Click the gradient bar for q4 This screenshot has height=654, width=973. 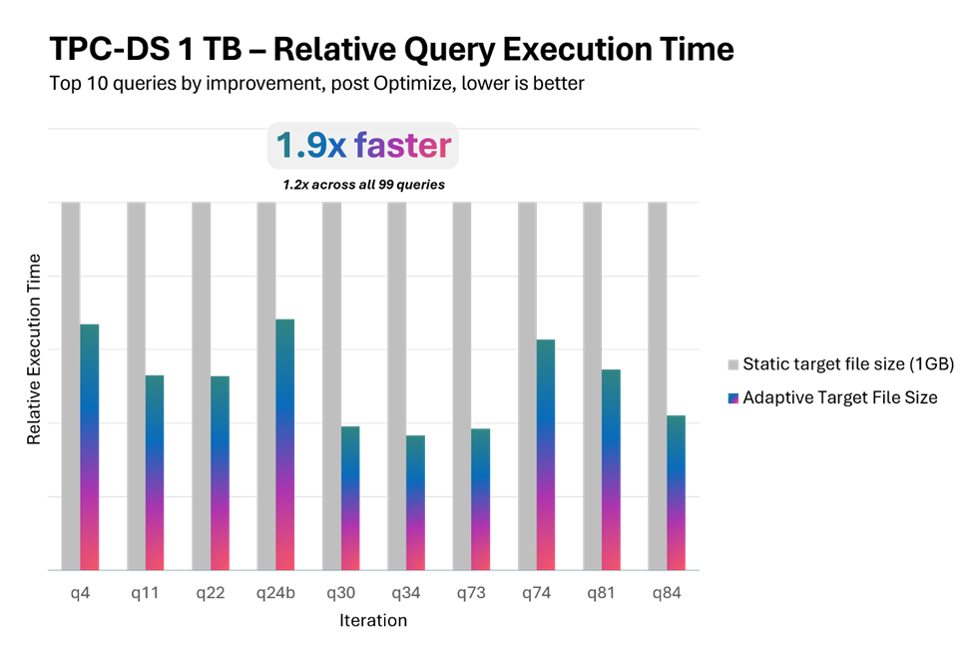90,446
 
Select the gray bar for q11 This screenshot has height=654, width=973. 136,385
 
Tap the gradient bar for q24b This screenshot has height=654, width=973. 285,444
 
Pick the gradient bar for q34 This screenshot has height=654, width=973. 415,502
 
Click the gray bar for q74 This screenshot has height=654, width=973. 527,385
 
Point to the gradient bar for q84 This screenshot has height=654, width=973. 676,492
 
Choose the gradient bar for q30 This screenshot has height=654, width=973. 350,497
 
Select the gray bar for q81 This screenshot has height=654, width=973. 592,385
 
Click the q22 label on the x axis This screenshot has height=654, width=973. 210,593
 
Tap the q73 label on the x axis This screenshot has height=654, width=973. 471,593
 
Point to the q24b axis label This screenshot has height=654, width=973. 275,593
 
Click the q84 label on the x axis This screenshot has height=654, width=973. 667,593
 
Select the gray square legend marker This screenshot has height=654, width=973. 733,365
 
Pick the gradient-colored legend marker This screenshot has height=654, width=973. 733,398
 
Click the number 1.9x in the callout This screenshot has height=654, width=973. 310,147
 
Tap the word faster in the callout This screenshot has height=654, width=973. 402,147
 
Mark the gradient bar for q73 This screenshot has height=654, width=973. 481,499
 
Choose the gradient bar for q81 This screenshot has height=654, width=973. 611,469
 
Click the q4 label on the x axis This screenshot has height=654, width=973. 80,593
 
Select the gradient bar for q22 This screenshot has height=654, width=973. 221,472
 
